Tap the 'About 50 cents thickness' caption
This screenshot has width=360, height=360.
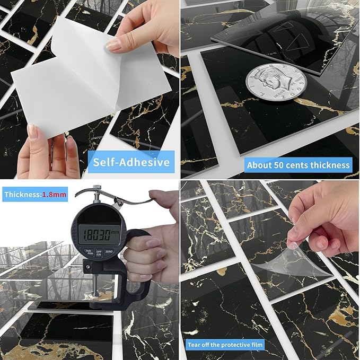click(x=298, y=165)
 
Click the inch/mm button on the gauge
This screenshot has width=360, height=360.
click(x=88, y=252)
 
